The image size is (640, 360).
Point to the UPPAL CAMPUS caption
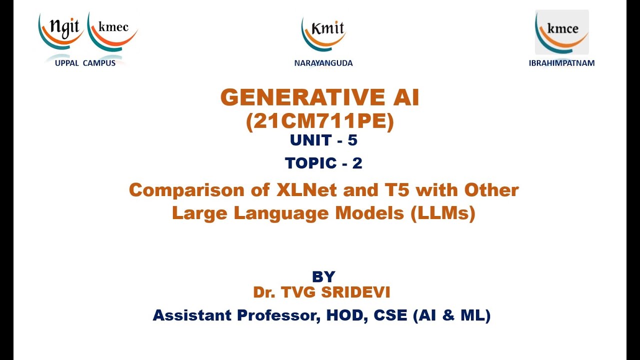pyautogui.click(x=85, y=63)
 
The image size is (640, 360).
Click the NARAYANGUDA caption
pyautogui.click(x=323, y=63)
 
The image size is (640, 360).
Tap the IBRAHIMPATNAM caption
pyautogui.click(x=561, y=63)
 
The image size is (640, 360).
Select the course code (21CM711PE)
pyautogui.click(x=320, y=121)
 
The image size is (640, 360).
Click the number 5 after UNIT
pyautogui.click(x=352, y=141)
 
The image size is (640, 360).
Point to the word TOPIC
pyautogui.click(x=310, y=163)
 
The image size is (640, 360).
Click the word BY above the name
pyautogui.click(x=323, y=276)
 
